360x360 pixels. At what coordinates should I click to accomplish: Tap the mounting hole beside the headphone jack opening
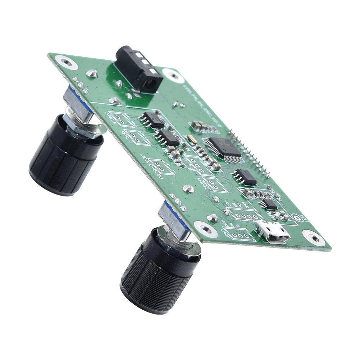pos(173,75)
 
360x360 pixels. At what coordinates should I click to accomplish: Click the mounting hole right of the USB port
pos(314,238)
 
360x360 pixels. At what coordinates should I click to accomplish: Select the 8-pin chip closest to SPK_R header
pos(153,120)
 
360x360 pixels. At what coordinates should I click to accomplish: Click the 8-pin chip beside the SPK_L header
pos(168,138)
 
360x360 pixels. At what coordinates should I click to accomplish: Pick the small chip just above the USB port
pos(268,204)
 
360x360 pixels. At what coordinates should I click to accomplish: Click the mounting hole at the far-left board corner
pos(67,62)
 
